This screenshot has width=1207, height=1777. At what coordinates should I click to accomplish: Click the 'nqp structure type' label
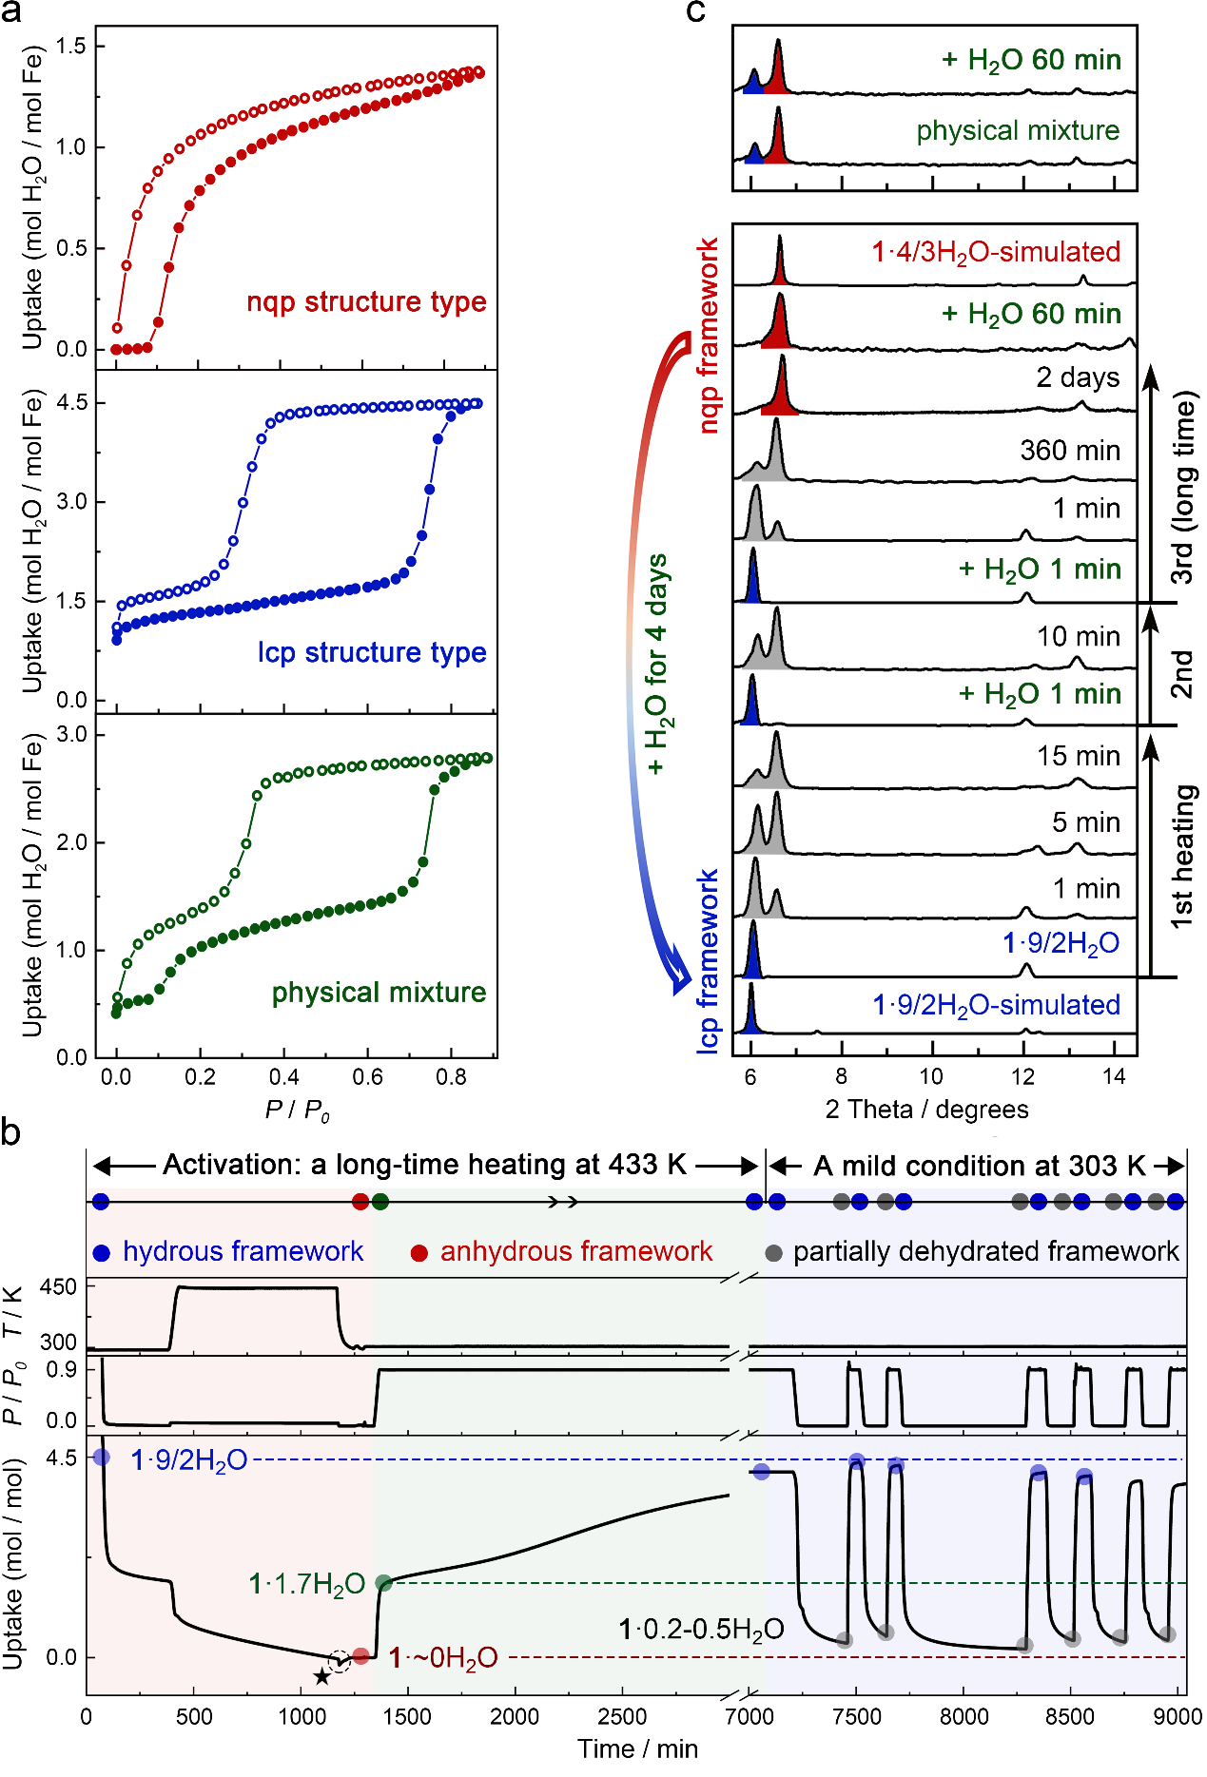366,302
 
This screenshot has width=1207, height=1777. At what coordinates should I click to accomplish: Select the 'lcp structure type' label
372,652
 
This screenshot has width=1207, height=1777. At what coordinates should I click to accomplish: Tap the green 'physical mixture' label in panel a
379,993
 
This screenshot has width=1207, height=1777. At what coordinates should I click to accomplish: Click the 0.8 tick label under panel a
451,1077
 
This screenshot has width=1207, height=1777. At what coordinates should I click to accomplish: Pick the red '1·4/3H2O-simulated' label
996,252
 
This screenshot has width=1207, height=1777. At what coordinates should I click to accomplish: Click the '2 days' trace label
1079,377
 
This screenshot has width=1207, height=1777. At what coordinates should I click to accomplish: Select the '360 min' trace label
1070,450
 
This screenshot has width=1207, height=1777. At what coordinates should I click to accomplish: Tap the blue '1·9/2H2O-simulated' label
996,1005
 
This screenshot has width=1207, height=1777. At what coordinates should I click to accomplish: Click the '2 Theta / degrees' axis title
926,1110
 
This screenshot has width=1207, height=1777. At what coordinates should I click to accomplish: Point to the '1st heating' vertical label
1181,857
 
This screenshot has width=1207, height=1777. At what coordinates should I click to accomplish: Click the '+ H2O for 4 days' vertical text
657,665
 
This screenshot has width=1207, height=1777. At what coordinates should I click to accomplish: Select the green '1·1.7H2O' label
307,1584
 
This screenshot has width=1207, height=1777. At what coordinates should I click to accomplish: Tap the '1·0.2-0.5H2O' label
701,1630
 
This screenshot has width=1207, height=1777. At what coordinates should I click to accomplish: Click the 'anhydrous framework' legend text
576,1251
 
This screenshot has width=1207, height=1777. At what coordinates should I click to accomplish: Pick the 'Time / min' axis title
637,1748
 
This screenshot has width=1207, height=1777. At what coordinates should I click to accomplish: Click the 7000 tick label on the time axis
749,1716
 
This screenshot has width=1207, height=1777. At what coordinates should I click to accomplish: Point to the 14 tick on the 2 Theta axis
1114,1076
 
